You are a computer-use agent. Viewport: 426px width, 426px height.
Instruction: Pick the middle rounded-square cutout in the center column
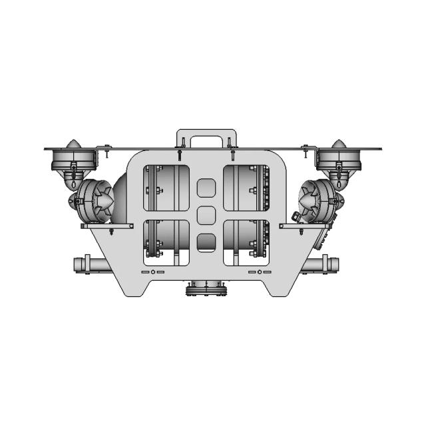207,215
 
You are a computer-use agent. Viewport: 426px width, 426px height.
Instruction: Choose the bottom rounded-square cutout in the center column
207,241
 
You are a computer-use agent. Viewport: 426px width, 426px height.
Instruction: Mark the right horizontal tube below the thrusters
323,264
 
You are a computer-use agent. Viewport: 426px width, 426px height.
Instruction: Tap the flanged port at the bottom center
207,288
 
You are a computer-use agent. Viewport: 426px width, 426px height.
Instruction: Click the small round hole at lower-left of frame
154,272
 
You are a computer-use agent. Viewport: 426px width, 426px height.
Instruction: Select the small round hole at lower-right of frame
260,272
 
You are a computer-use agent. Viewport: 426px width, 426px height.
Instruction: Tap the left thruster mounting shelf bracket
106,226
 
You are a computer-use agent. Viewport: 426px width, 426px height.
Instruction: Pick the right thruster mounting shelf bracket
306,226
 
